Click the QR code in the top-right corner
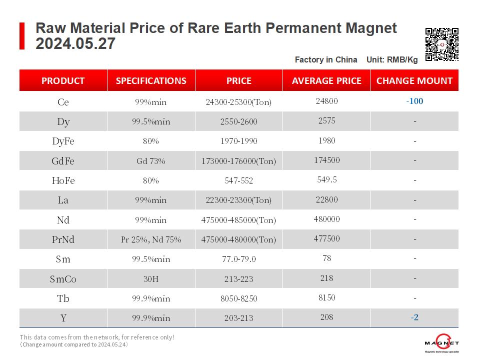coord(441,44)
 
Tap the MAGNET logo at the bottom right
coord(441,343)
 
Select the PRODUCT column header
coord(63,80)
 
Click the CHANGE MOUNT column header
coord(414,80)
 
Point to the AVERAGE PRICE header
coord(326,80)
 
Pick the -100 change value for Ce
coord(414,101)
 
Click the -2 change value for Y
coord(414,317)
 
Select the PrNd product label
coord(63,239)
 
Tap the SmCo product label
coord(63,279)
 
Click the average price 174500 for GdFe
coord(326,160)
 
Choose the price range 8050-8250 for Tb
coord(238,298)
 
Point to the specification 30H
coord(151,279)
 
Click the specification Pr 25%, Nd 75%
coord(151,239)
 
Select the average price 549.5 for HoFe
coord(326,179)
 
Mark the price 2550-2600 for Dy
coord(238,121)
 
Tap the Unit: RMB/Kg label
coord(392,60)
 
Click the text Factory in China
coord(326,60)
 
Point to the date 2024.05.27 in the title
coord(75,44)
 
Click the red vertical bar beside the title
coord(22,36)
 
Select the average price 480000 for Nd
coord(326,219)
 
